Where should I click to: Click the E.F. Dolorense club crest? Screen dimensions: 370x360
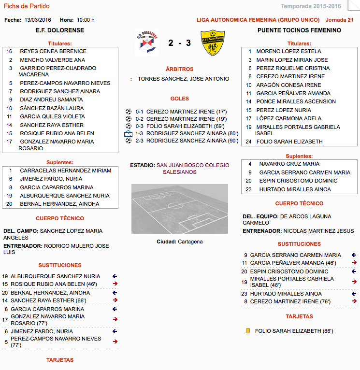(146, 43)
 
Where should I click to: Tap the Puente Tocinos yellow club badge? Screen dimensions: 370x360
(213, 43)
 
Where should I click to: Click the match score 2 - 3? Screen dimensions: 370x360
(180, 43)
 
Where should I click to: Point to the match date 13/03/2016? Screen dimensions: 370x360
(38, 20)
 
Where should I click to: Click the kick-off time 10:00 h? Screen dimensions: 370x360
(86, 20)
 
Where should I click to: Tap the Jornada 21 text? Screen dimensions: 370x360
(340, 20)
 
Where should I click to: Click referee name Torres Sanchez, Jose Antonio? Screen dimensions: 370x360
(183, 79)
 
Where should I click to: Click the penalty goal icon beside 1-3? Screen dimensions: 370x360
(129, 133)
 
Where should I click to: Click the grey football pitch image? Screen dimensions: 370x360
(180, 209)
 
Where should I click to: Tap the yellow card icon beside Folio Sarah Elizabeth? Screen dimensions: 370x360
(248, 331)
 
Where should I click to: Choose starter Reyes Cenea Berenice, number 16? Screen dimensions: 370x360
(53, 51)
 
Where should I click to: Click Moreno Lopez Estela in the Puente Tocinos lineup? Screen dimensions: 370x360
(288, 51)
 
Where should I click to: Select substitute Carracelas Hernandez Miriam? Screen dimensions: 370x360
(65, 171)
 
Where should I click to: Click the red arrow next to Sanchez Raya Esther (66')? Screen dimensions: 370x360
(115, 300)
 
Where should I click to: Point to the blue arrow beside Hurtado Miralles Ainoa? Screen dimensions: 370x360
(354, 294)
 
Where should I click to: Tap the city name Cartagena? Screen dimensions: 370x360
(190, 242)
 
